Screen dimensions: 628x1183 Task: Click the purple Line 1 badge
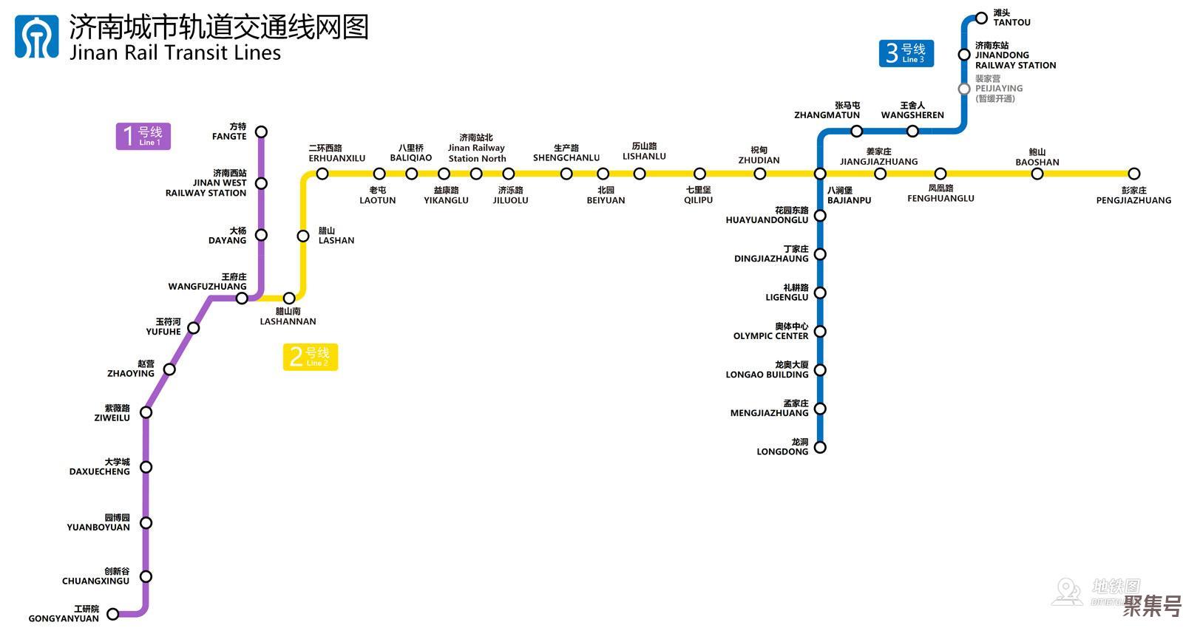pyautogui.click(x=143, y=136)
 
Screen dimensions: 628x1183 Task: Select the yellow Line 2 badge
pyautogui.click(x=311, y=357)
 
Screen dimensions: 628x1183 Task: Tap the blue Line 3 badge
pyautogui.click(x=906, y=53)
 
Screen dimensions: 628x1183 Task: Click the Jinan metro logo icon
pyautogui.click(x=36, y=37)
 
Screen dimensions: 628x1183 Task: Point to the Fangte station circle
pyautogui.click(x=261, y=132)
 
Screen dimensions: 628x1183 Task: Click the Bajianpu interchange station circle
pyautogui.click(x=820, y=174)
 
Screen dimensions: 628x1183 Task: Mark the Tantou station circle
pyautogui.click(x=981, y=18)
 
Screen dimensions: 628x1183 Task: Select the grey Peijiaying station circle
pyautogui.click(x=964, y=89)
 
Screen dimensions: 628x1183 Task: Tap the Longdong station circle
pyautogui.click(x=820, y=447)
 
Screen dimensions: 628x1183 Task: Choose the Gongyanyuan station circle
pyautogui.click(x=113, y=614)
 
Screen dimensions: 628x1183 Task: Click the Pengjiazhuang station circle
pyautogui.click(x=1134, y=174)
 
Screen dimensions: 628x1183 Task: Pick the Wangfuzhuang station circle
pyautogui.click(x=242, y=298)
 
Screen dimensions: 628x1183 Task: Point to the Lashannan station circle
pyautogui.click(x=289, y=298)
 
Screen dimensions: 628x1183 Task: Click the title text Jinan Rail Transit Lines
pyautogui.click(x=175, y=53)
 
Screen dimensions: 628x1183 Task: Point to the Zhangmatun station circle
pyautogui.click(x=856, y=132)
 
